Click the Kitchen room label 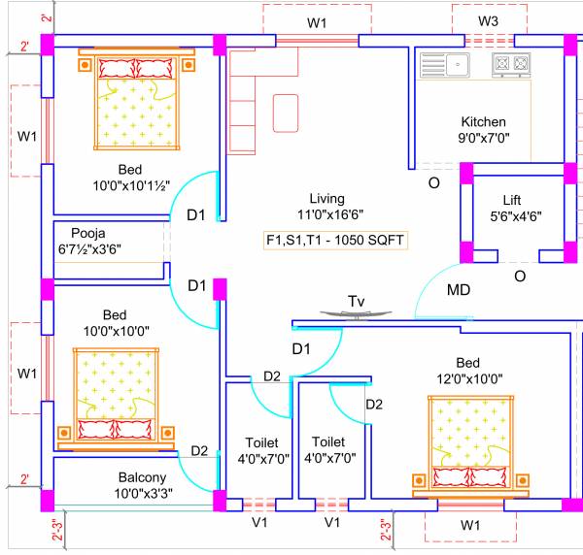[x=483, y=122]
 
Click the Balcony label [x=142, y=477]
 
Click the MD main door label [x=458, y=290]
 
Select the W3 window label [x=488, y=21]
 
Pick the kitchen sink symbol [x=445, y=65]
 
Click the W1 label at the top [x=317, y=21]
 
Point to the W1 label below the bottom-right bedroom [x=470, y=524]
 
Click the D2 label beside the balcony [x=198, y=450]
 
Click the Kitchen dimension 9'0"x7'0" [x=483, y=138]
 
